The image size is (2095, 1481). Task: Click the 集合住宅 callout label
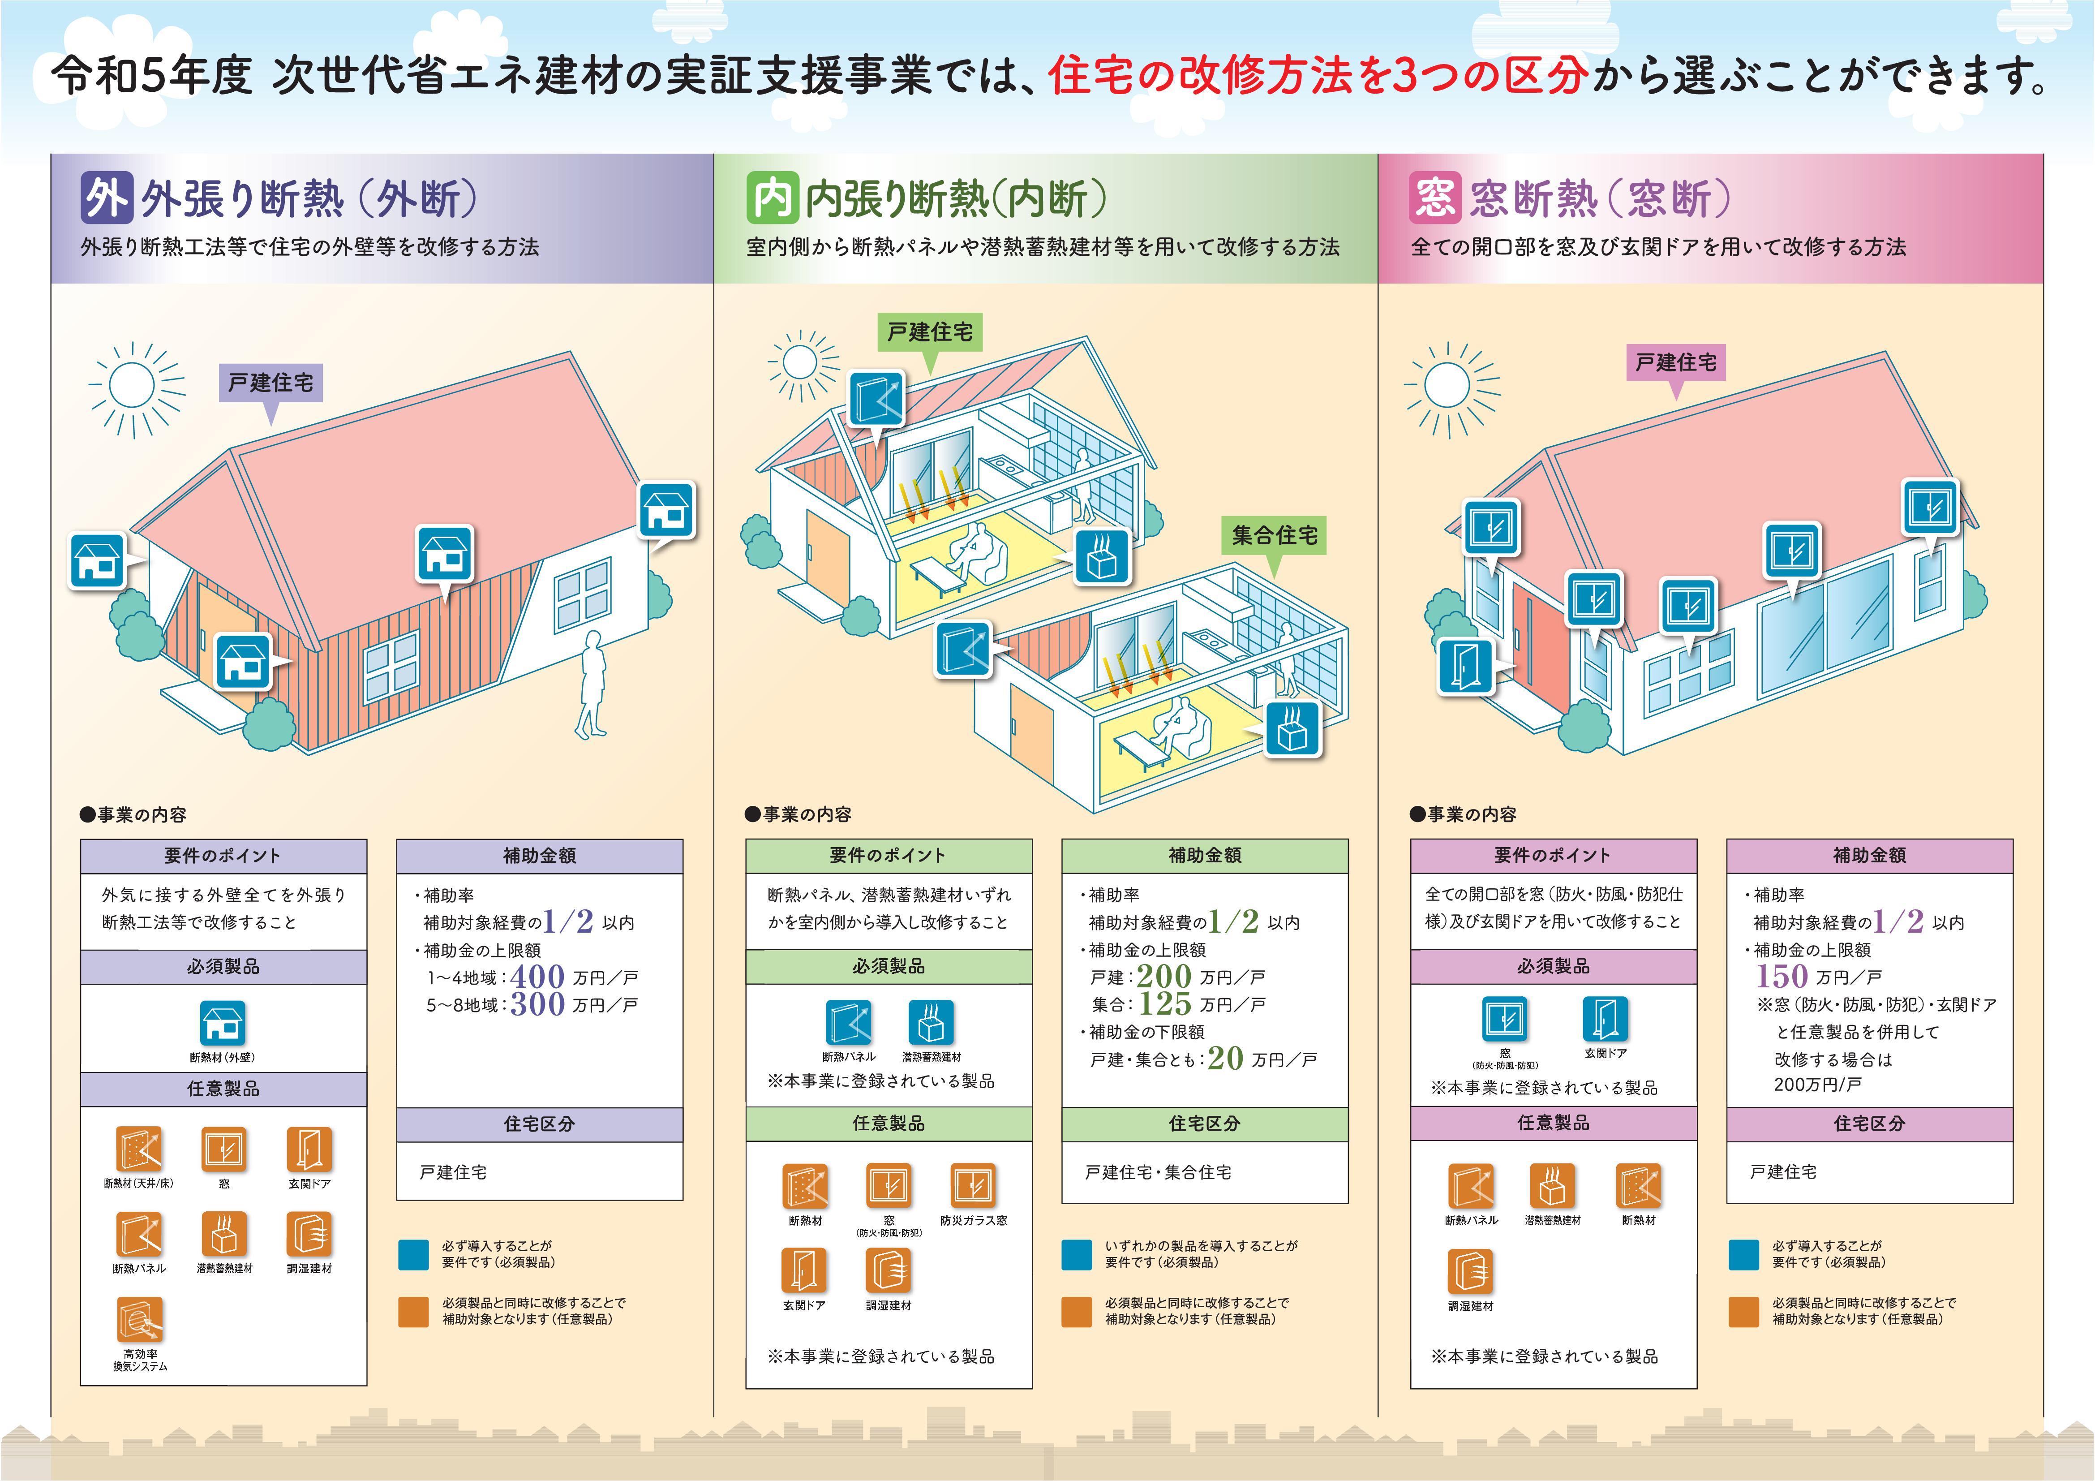pos(1274,536)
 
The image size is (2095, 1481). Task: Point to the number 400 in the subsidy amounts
pos(537,977)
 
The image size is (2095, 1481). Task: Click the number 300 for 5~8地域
pos(537,1004)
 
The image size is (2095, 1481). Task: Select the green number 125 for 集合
pos(1165,1004)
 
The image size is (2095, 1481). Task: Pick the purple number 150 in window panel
pos(1782,977)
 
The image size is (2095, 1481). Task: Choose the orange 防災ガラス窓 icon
pos(973,1186)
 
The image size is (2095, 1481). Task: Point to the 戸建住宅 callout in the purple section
pos(270,382)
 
